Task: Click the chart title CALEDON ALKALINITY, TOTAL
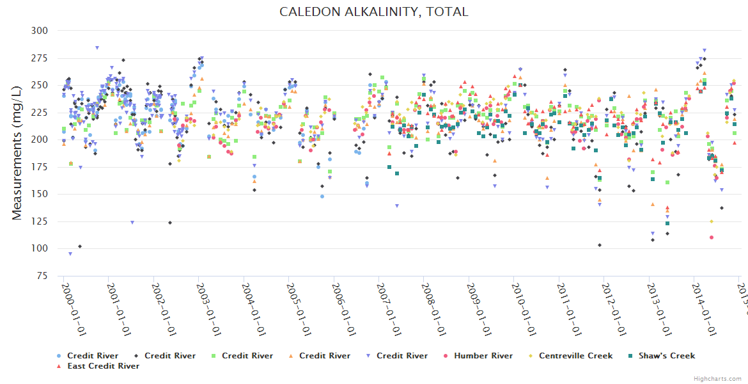click(x=374, y=12)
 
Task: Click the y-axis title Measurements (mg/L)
click(x=17, y=153)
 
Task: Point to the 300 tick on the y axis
click(x=40, y=31)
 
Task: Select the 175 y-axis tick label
click(x=40, y=167)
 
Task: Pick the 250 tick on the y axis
click(x=40, y=85)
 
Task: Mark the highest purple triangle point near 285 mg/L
click(x=97, y=47)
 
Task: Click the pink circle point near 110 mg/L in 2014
click(x=711, y=237)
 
